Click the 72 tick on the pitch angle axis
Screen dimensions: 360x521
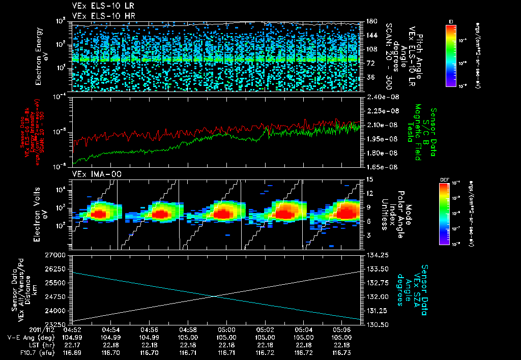[x=370, y=63]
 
